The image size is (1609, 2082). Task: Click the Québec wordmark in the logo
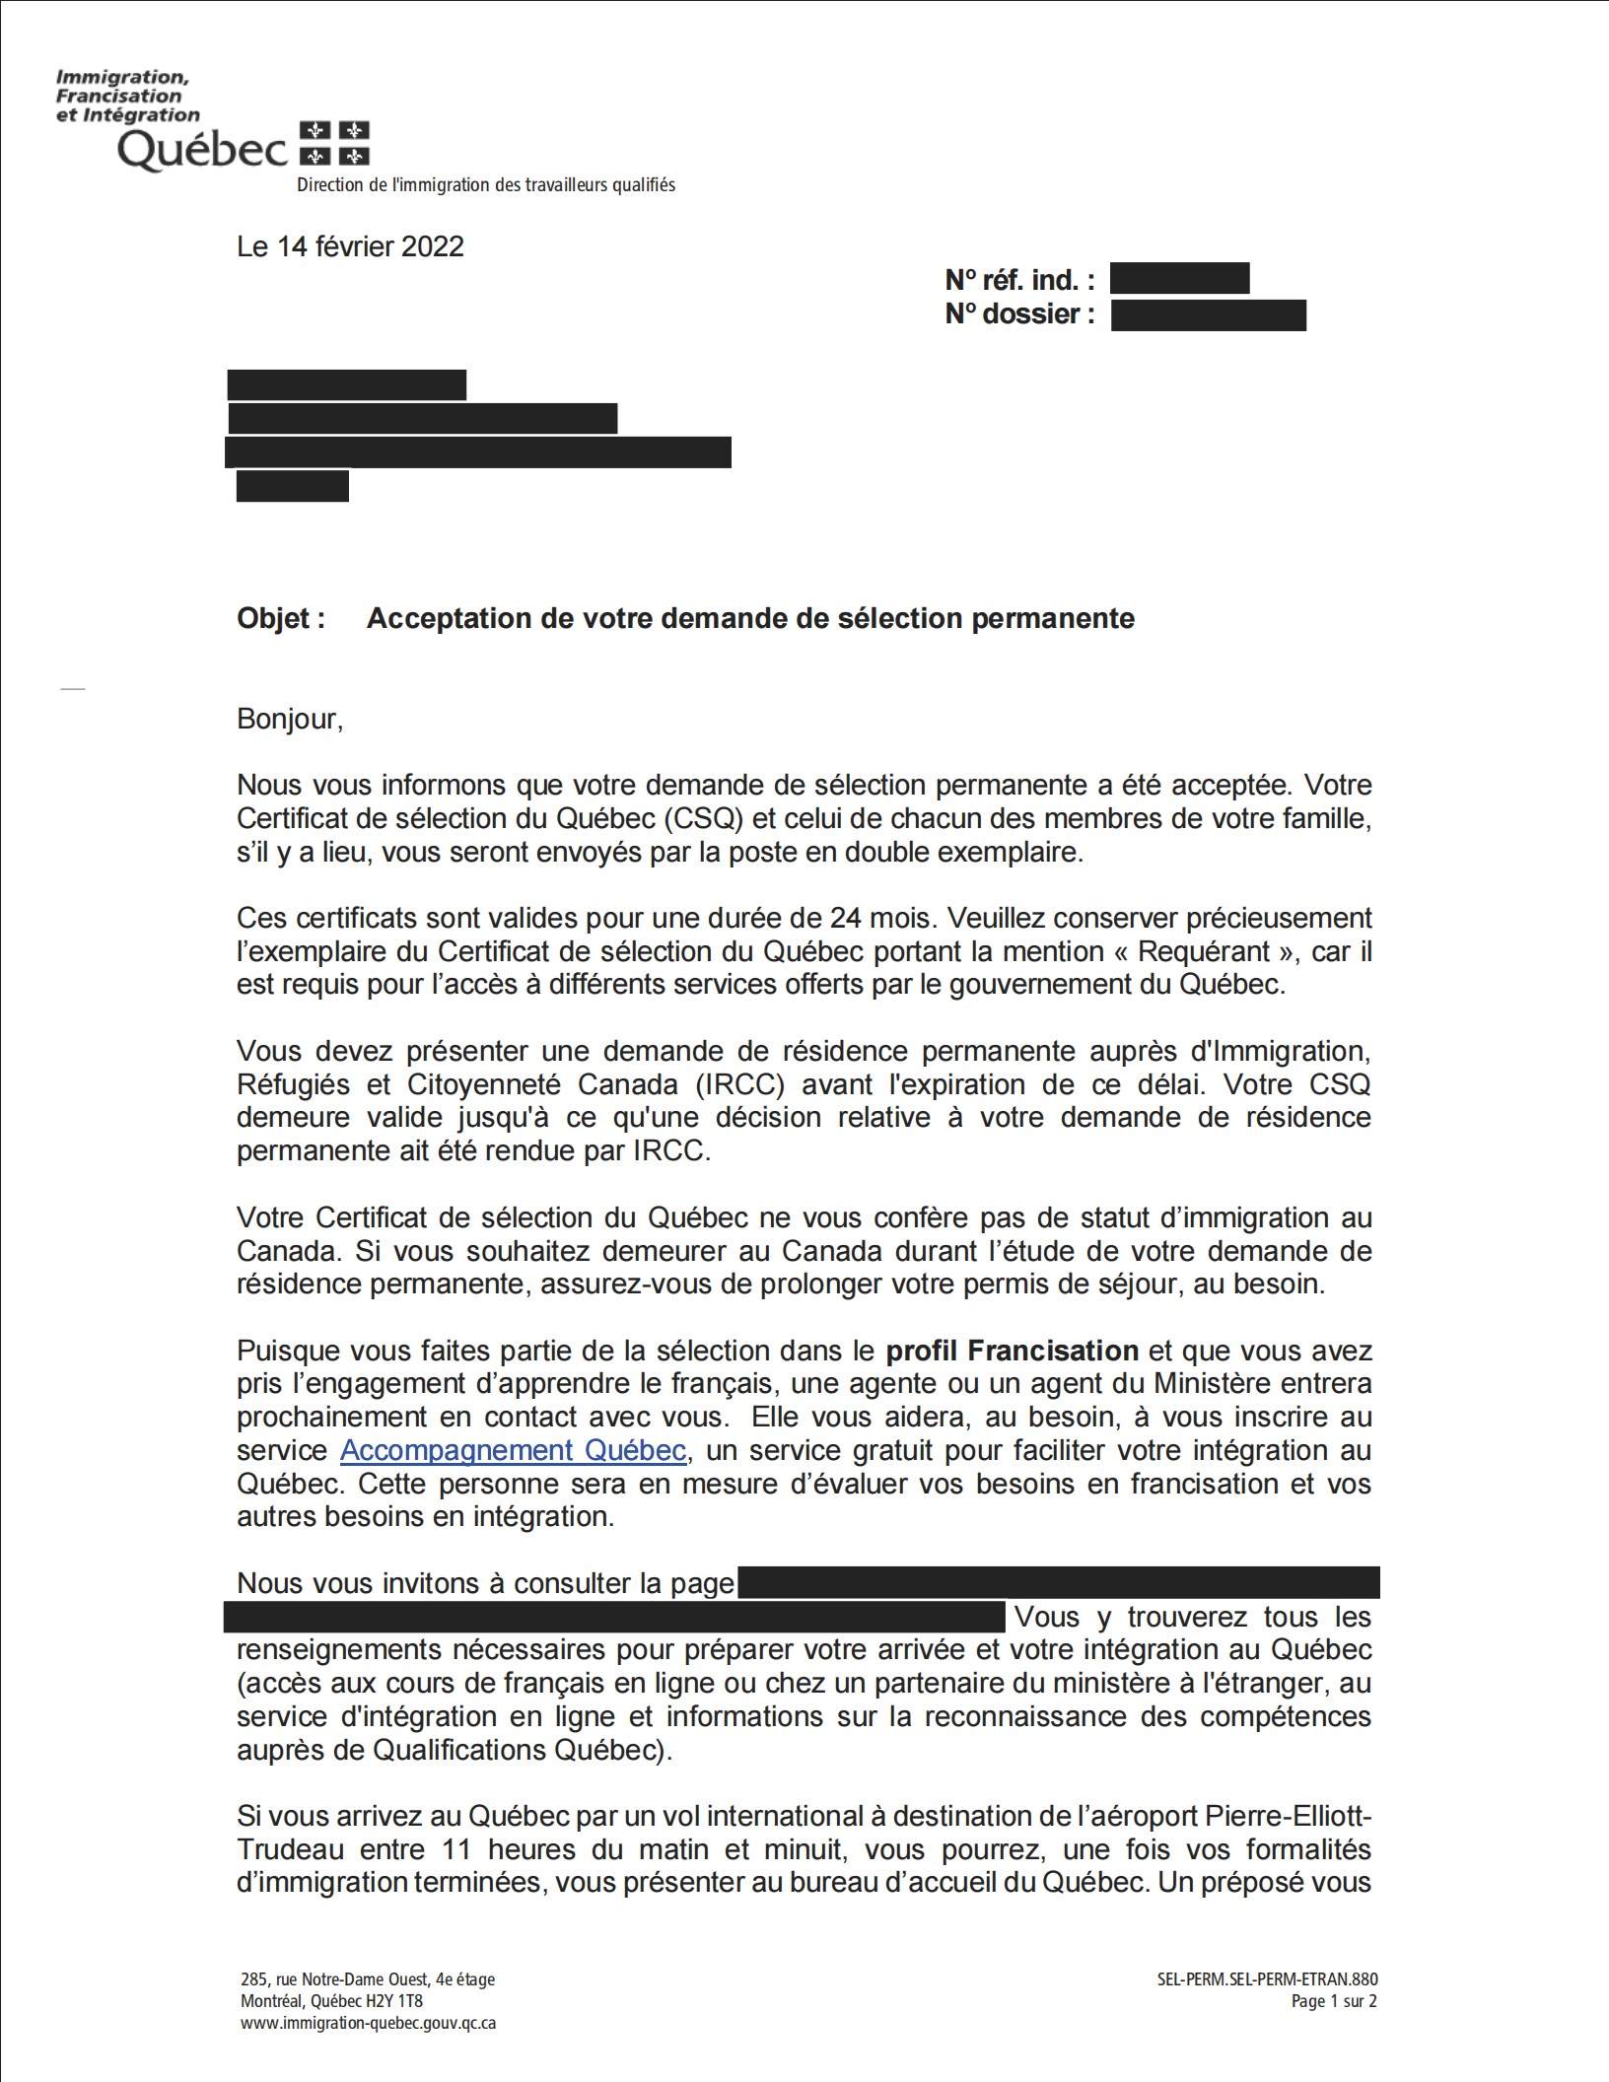202,150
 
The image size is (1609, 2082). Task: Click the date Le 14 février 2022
350,246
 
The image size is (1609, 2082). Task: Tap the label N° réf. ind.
1018,280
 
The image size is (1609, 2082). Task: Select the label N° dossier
1018,314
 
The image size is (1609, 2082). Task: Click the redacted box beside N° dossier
1208,315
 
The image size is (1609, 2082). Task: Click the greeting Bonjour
289,719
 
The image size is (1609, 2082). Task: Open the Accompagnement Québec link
513,1450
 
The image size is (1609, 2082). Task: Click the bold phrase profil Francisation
1012,1351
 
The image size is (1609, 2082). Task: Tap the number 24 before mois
845,918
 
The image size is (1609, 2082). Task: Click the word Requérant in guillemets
1204,951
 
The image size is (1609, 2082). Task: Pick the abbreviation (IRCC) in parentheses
740,1084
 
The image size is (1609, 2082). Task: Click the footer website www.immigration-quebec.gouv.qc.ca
368,2023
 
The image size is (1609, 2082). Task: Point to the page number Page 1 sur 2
1333,2001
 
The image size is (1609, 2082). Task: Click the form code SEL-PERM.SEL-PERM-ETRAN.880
1267,1978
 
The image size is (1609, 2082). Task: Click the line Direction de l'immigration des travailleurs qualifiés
486,185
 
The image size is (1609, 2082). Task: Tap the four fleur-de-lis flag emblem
334,143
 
